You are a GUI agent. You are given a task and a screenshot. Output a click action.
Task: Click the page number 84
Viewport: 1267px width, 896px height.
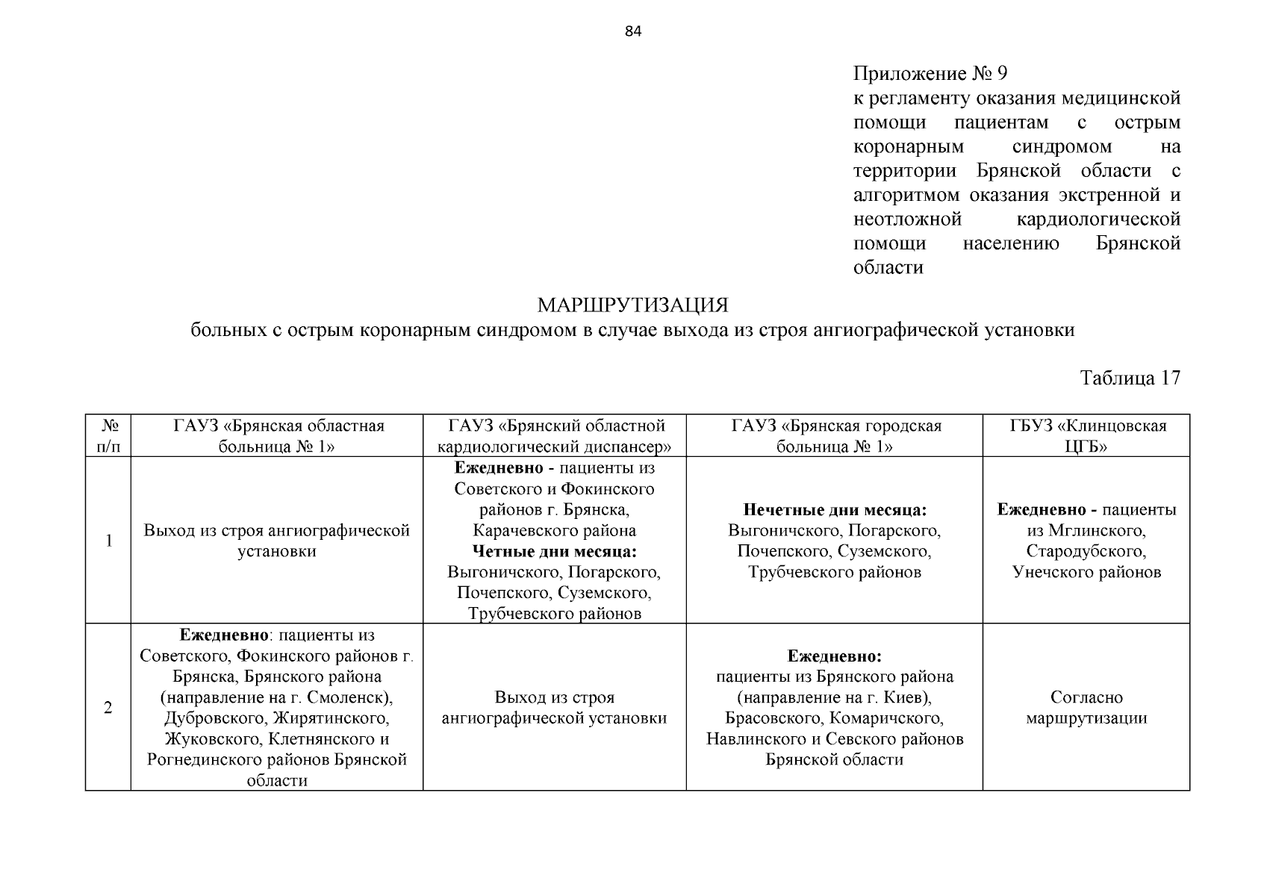tap(632, 31)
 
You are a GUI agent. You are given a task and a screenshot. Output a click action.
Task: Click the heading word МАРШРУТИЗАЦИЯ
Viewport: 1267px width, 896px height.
tap(632, 305)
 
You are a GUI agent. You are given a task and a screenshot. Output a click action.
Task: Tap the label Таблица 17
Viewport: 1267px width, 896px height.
tap(1130, 378)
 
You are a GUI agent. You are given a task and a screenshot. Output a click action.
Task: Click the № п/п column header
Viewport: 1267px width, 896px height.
tap(108, 436)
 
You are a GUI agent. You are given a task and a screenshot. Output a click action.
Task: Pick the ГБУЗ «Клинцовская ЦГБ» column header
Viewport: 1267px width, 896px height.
tap(1086, 436)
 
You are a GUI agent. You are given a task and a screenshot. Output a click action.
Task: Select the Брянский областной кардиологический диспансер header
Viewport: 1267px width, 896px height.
tap(555, 436)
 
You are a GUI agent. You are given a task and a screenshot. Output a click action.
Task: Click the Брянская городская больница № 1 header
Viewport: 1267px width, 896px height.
tap(834, 436)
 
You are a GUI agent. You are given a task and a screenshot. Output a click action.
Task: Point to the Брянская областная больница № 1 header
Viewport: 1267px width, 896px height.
tap(277, 436)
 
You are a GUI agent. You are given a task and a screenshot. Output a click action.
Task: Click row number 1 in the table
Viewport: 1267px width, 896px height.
tap(108, 541)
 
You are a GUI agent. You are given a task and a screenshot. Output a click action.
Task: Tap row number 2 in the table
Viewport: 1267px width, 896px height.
tap(108, 707)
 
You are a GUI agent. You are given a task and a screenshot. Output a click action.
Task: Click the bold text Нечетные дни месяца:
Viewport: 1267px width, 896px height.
tap(834, 510)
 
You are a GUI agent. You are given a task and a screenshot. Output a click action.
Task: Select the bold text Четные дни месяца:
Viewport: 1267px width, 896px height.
tap(555, 551)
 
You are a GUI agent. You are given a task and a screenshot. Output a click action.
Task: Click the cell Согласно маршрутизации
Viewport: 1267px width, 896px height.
tap(1086, 708)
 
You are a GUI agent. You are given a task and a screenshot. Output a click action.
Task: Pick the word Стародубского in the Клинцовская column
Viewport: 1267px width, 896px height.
tap(1086, 551)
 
